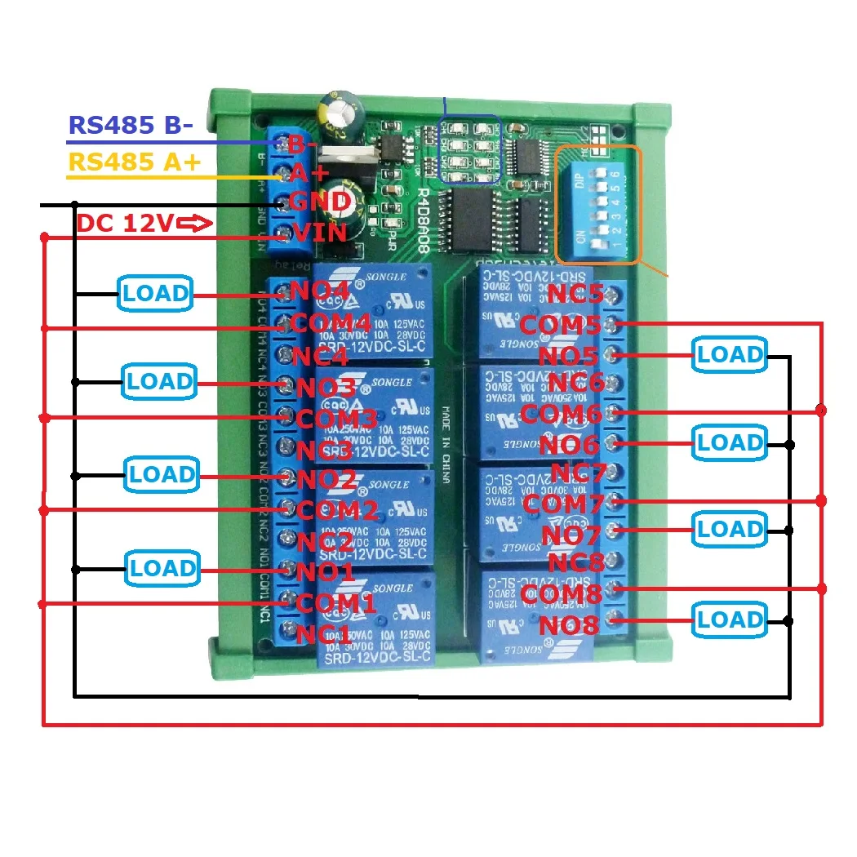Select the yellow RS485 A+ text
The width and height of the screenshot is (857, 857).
(x=134, y=162)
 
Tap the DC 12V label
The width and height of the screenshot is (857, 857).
(x=124, y=222)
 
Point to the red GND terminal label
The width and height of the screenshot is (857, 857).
(x=320, y=202)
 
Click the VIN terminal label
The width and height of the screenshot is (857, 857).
(x=320, y=233)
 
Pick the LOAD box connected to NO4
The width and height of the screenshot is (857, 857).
(x=156, y=293)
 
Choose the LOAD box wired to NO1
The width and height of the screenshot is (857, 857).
(x=162, y=568)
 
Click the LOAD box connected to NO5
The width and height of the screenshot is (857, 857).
(x=730, y=355)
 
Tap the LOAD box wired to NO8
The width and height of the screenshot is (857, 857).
(x=730, y=619)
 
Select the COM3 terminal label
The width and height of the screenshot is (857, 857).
(x=335, y=420)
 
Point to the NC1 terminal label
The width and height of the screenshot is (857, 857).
(x=324, y=634)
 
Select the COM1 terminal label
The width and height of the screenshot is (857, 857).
(x=335, y=603)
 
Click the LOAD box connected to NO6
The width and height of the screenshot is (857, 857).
(x=730, y=442)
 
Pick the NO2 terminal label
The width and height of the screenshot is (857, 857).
(x=326, y=480)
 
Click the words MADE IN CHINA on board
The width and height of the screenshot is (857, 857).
(x=446, y=443)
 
